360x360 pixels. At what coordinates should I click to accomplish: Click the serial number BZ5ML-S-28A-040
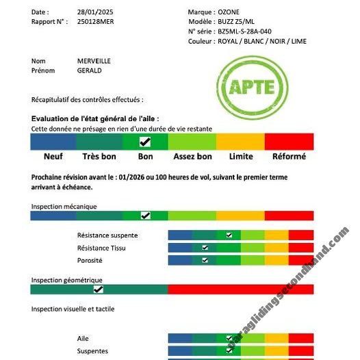tap(244, 31)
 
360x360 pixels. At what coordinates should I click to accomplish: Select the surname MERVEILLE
tap(94, 61)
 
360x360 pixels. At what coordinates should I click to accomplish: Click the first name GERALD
tap(89, 70)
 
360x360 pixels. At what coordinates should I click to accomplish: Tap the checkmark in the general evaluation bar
tap(144, 142)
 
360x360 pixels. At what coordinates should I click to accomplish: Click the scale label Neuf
tap(53, 156)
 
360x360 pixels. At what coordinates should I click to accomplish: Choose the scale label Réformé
tap(289, 156)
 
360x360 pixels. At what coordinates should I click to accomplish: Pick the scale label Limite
tap(241, 156)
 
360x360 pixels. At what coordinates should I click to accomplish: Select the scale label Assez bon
tap(192, 156)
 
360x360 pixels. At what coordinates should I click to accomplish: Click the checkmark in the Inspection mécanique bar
tap(145, 215)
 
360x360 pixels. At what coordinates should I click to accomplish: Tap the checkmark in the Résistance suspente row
tap(229, 235)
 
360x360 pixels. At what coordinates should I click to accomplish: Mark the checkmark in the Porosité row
tap(205, 260)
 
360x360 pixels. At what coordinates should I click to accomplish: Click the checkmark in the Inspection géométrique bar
tap(99, 290)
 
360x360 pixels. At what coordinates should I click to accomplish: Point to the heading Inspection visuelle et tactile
tap(72, 309)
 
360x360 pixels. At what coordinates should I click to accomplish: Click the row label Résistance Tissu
tap(101, 248)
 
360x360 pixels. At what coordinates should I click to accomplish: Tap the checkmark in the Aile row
tap(229, 338)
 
